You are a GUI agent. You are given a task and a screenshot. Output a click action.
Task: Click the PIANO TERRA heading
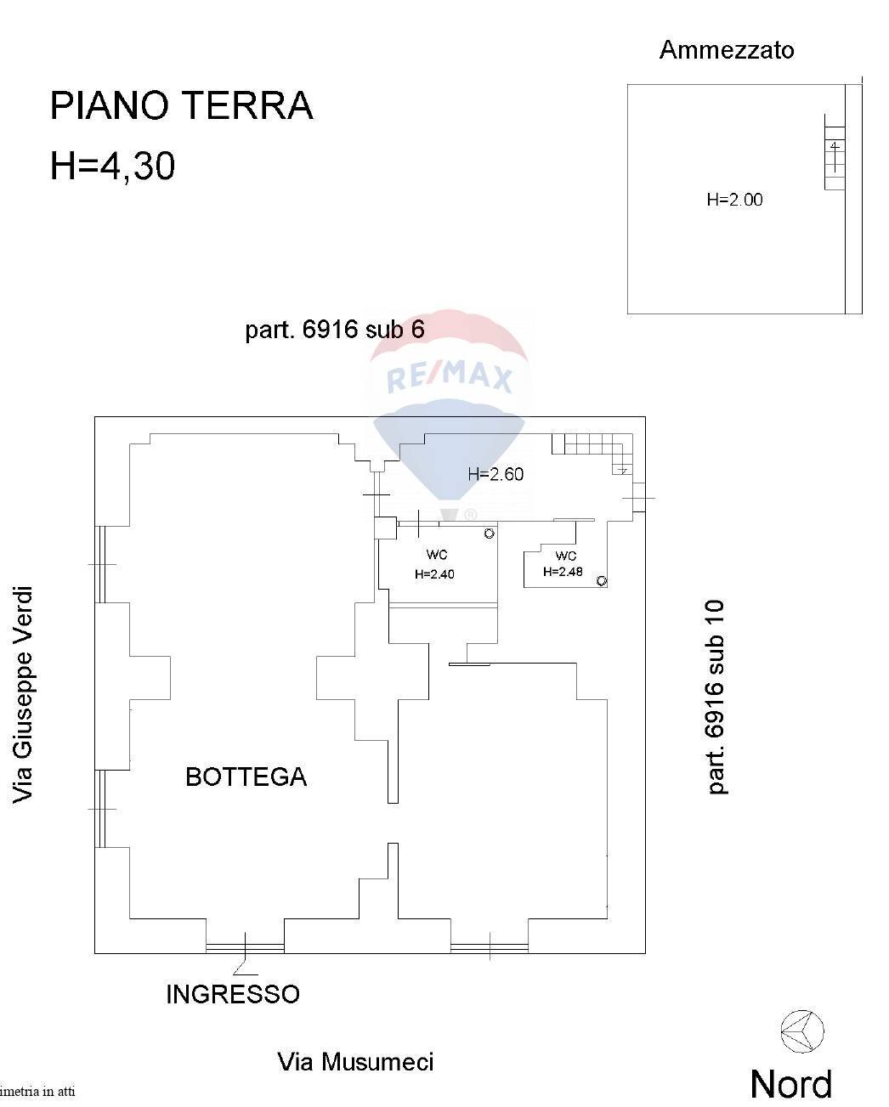tap(181, 105)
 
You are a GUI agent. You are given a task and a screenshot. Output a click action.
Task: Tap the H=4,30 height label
tap(112, 166)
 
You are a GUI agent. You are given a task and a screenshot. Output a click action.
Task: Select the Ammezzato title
tap(727, 50)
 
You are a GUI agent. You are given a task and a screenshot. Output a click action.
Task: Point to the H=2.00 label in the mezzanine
tap(734, 199)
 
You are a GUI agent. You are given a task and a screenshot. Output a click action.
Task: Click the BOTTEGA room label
tap(246, 777)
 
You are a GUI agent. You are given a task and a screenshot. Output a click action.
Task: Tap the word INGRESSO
tap(233, 994)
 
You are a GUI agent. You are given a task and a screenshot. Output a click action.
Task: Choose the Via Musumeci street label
tap(356, 1062)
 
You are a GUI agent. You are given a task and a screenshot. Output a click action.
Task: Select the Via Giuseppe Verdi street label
tap(23, 694)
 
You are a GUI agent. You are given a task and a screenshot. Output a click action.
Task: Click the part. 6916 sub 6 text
tap(335, 330)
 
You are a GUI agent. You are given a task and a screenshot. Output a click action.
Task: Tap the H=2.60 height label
tap(495, 474)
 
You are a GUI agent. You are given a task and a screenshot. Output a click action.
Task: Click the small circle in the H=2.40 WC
tap(489, 534)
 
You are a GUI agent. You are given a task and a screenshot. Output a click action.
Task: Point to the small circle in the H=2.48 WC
tap(601, 581)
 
